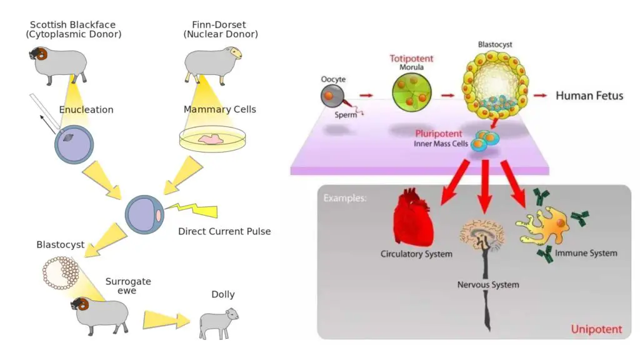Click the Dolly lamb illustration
pos(218,324)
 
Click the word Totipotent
pos(411,58)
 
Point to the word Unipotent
pos(596,329)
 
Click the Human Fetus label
pos(589,96)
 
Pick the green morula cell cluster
pos(411,92)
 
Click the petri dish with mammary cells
pos(212,139)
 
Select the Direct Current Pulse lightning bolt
pos(192,209)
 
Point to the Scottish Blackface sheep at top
pos(58,65)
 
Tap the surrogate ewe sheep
pos(101,315)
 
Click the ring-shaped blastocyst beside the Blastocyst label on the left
pos(61,272)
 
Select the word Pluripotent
pos(439,134)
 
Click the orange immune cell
pos(545,225)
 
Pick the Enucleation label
pos(86,110)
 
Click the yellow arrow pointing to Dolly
pos(166,320)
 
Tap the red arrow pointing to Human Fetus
pos(540,96)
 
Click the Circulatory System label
pos(416,254)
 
